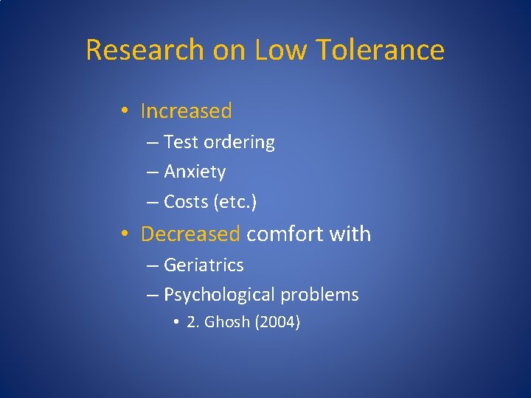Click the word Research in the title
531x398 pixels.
click(x=145, y=50)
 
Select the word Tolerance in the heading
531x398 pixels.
click(x=381, y=50)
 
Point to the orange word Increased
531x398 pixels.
click(x=186, y=111)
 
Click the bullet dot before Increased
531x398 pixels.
click(x=127, y=111)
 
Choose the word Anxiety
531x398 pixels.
click(x=195, y=172)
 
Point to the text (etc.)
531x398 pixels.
click(x=237, y=202)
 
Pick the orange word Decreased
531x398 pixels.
click(x=190, y=234)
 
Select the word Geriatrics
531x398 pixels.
click(x=204, y=265)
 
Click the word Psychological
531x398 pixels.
click(x=218, y=296)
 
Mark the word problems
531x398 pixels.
click(x=319, y=296)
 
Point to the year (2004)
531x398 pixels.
click(x=277, y=322)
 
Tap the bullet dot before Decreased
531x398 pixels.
click(x=127, y=234)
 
